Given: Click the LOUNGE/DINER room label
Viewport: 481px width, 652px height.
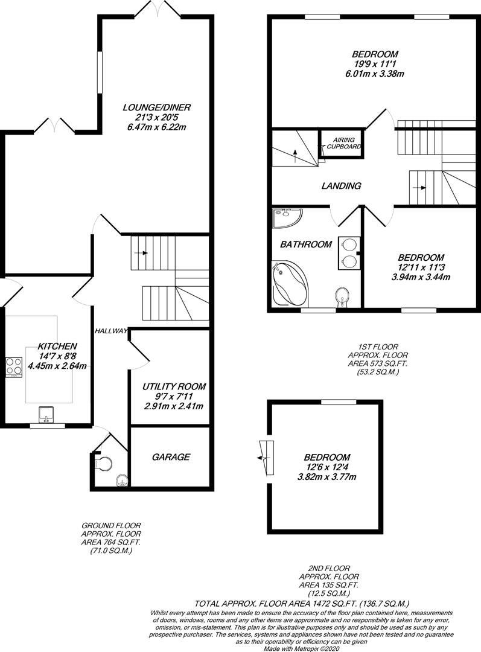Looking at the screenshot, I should coord(156,108).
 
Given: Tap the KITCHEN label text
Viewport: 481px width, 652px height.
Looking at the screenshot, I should coord(57,346).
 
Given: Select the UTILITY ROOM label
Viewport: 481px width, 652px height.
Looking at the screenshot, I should coord(174,386).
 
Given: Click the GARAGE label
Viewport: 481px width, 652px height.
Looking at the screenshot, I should coord(171,457).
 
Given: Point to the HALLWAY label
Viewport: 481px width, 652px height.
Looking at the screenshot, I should coord(110,331).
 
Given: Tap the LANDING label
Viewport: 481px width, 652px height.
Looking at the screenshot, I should coord(342,186).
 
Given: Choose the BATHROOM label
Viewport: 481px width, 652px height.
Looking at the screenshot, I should coord(305,245).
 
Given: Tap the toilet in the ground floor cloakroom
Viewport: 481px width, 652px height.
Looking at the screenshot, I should coord(104,464).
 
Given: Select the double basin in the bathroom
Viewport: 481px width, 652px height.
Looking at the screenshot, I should coord(348,252).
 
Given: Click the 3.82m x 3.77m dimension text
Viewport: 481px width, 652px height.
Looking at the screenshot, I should coord(327,477).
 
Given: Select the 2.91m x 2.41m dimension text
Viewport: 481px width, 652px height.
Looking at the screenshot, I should coord(174,406).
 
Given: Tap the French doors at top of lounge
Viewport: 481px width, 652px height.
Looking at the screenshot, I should coord(156,8).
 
